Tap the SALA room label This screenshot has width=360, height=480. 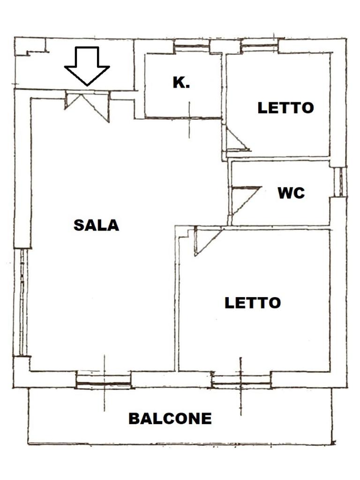[96, 225]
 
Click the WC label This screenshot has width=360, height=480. [291, 193]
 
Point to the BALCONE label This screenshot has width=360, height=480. [170, 418]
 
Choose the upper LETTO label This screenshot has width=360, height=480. [285, 107]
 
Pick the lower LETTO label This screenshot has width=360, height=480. [253, 302]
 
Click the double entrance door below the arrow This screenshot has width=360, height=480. [87, 104]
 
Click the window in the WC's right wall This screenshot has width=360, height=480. [341, 182]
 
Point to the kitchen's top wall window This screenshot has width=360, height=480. [191, 47]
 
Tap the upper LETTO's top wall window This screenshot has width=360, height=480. [260, 47]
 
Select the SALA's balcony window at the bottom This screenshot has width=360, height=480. [104, 381]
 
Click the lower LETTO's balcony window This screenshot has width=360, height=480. [241, 381]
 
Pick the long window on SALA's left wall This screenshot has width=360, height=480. [22, 302]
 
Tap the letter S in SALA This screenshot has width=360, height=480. [79, 225]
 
